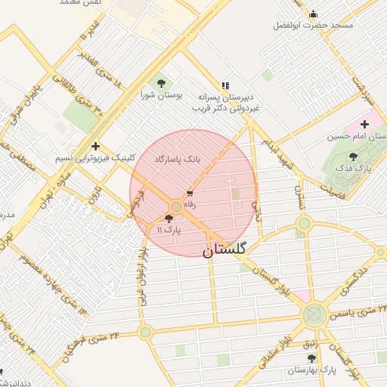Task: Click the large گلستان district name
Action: click(x=230, y=250)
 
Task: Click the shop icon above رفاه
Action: click(x=189, y=194)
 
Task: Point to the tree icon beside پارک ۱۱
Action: click(x=178, y=218)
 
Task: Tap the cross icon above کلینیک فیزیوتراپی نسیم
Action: click(x=95, y=146)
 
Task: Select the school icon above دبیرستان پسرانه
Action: click(x=224, y=86)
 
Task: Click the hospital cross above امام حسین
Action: click(x=364, y=124)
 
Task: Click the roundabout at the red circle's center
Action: click(x=176, y=206)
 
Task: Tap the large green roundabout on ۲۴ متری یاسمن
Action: click(x=313, y=315)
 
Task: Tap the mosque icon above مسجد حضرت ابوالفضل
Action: click(x=313, y=14)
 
